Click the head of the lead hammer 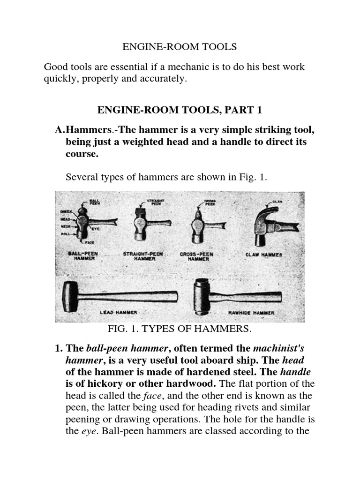click(x=71, y=297)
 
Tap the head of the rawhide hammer click(x=202, y=297)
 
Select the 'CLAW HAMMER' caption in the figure click(x=264, y=255)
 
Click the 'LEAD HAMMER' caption click(x=118, y=312)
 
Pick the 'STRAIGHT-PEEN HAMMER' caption click(x=143, y=256)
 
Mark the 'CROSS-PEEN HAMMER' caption click(x=196, y=256)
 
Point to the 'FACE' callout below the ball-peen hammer click(x=90, y=242)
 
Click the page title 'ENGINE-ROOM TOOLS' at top click(x=180, y=47)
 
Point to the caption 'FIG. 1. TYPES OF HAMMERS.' click(x=180, y=329)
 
